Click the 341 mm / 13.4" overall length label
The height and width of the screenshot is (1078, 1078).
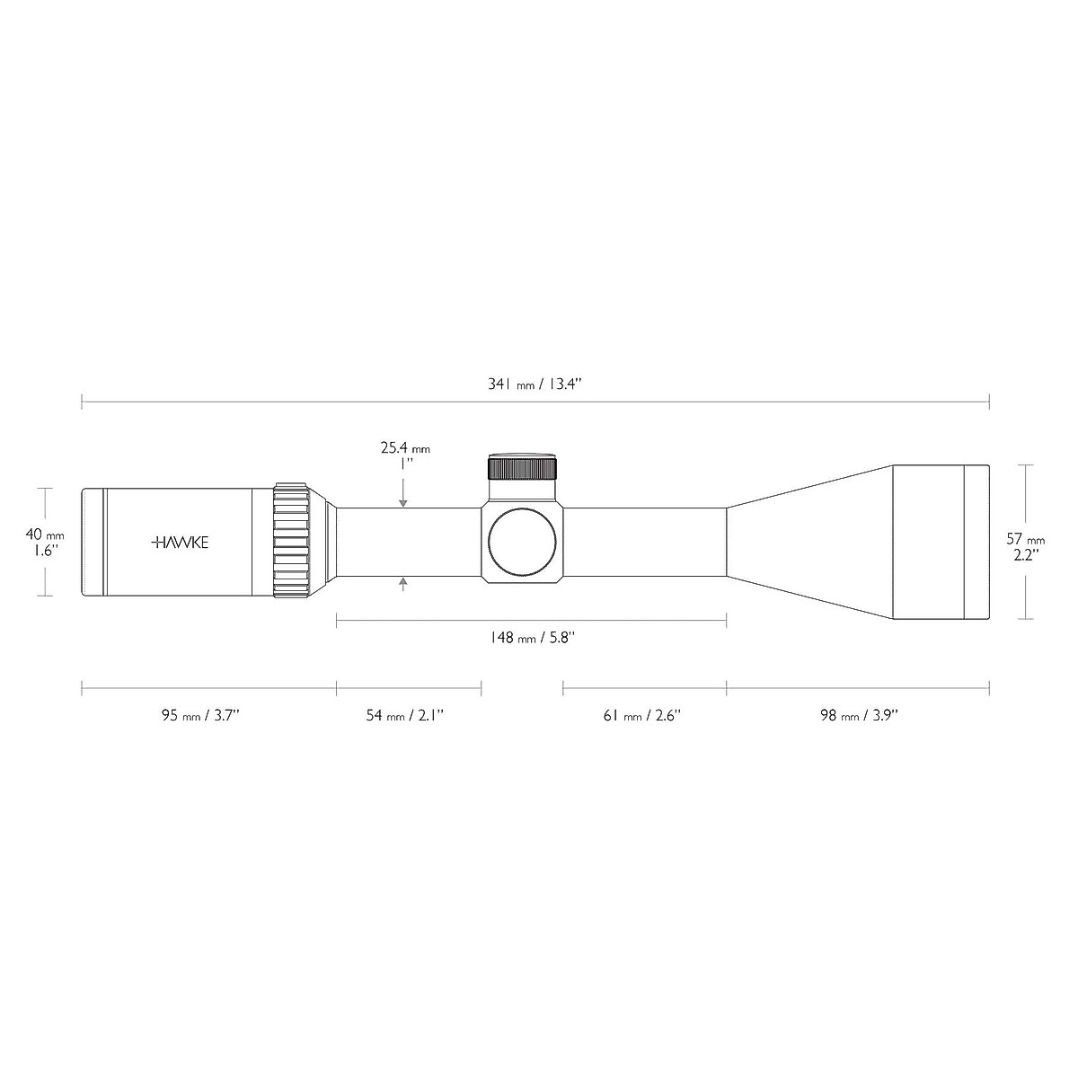[535, 384]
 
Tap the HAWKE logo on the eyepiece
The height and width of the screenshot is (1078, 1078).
[180, 543]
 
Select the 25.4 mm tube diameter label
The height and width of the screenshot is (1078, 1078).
[404, 447]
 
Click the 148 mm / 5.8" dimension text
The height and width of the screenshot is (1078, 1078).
[532, 638]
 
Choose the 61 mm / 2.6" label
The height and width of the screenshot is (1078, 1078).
[642, 716]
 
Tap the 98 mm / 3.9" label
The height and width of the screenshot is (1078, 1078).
[859, 716]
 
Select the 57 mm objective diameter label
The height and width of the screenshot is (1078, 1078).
[1025, 539]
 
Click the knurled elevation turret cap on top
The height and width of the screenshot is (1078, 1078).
[523, 468]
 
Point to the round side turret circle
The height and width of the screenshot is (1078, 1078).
[523, 542]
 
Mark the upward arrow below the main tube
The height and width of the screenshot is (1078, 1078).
[403, 585]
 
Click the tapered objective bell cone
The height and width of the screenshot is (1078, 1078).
[808, 542]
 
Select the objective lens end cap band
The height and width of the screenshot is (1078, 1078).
[976, 542]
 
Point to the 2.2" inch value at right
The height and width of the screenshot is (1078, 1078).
[1025, 556]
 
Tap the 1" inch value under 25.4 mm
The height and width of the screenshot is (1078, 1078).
[405, 464]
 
